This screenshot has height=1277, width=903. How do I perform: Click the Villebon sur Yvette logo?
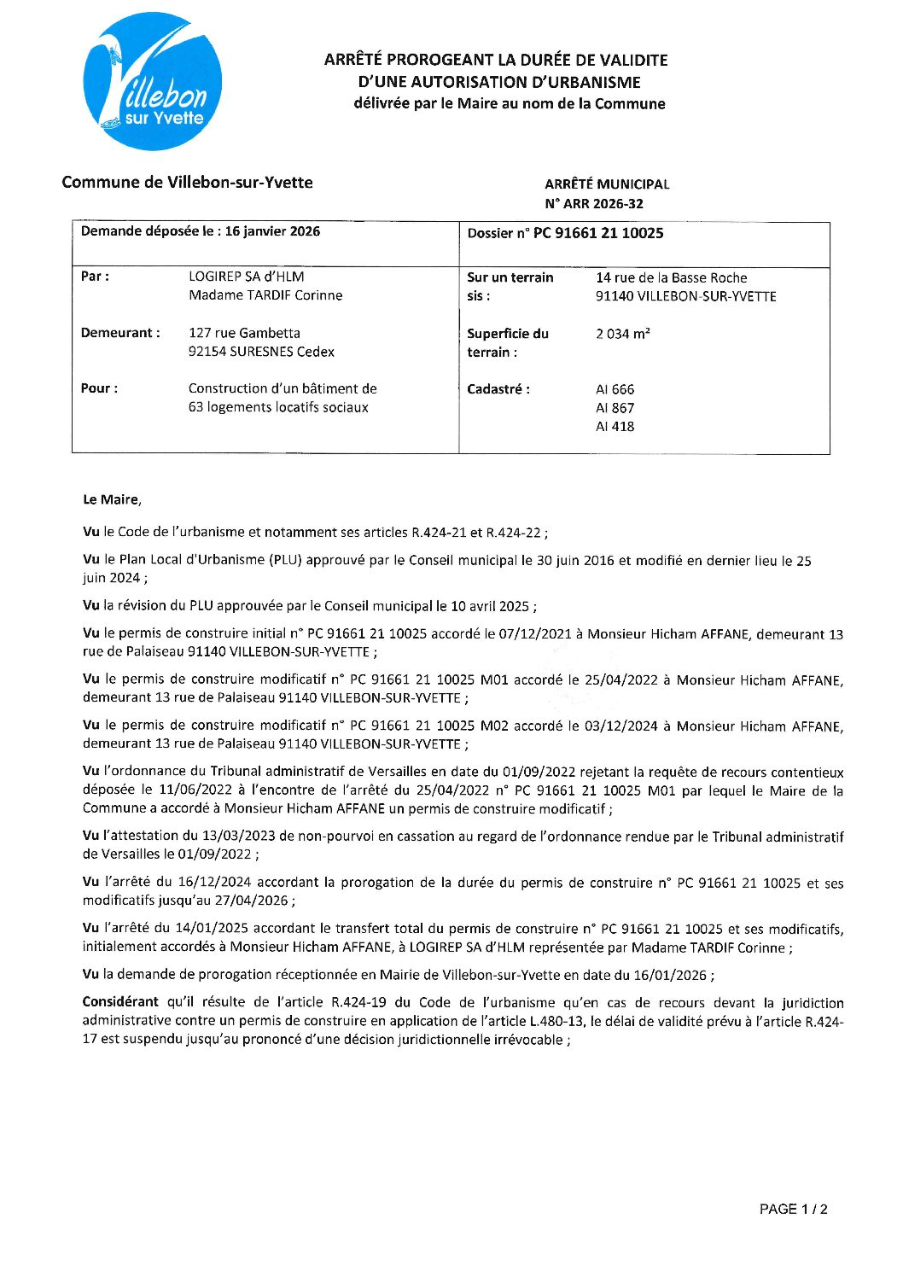point(153,82)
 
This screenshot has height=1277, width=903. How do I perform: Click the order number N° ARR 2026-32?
point(594,204)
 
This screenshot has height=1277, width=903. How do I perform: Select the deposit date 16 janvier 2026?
point(272,231)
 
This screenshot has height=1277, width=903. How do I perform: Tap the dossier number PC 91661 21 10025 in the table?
point(598,233)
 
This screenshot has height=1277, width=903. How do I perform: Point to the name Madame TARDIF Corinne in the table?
point(265,295)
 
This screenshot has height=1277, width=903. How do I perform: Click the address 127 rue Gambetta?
point(244,333)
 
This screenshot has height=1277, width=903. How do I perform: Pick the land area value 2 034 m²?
point(622,334)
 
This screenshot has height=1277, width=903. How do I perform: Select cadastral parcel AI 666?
point(615,389)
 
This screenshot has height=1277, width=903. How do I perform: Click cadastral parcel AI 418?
point(615,427)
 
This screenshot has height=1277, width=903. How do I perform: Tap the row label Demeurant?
point(120,333)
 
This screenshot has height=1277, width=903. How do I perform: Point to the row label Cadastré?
point(498,389)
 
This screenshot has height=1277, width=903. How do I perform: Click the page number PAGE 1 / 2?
point(793,1209)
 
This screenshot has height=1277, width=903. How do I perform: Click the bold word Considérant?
point(120,1002)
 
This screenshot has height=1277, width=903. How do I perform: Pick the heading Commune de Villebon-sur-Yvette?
point(187,182)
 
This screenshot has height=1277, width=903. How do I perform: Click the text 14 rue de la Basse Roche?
point(671,278)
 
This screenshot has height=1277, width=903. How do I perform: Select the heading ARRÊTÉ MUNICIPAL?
point(607,184)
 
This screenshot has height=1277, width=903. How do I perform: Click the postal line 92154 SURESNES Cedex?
point(261,352)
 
